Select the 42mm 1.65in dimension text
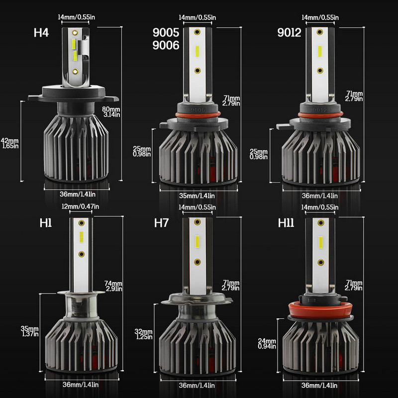[x=10, y=143]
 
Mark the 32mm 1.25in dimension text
[x=143, y=334]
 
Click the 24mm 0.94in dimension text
[x=267, y=343]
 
